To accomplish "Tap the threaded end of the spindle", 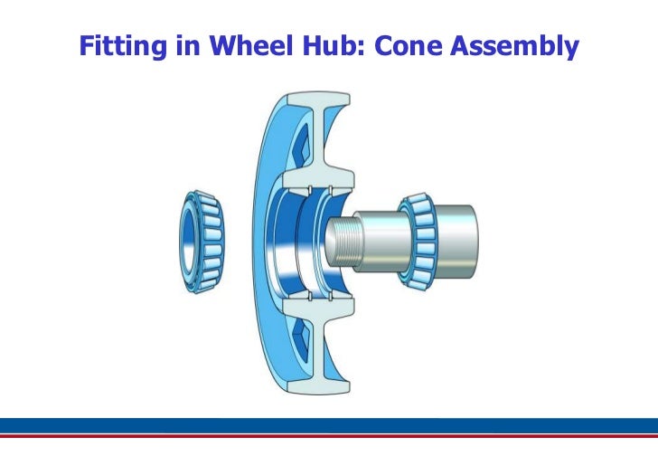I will [338, 242].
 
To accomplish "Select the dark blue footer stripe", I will [329, 426].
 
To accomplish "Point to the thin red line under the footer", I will [329, 437].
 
